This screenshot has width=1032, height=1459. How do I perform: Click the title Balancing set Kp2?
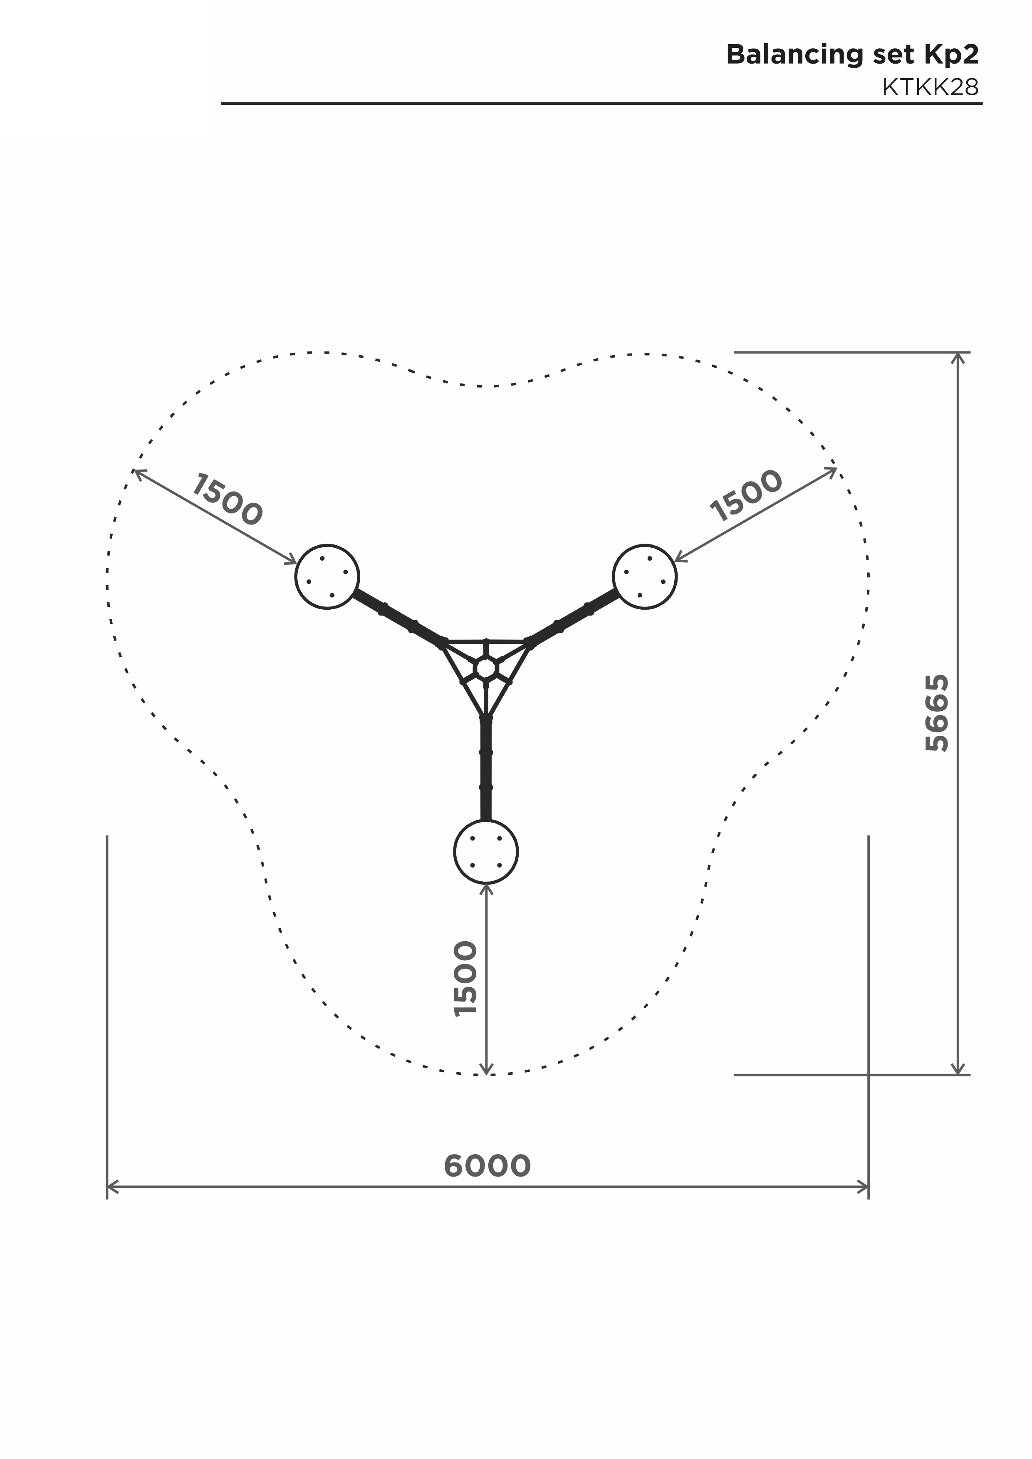coord(852,56)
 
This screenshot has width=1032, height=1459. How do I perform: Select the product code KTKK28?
coord(931,87)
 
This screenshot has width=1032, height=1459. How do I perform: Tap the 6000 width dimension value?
coord(487,1165)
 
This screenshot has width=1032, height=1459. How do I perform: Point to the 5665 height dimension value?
coord(937,712)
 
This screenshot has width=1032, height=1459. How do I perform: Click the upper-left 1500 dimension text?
coord(226,500)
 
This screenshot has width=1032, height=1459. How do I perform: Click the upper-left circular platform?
coord(327,577)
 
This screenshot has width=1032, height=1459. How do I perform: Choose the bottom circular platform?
coord(486,851)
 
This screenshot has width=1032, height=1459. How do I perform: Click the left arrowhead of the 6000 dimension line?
coord(112,1187)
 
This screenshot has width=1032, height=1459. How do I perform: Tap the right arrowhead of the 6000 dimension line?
coord(862,1187)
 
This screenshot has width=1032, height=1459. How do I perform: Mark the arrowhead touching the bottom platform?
coord(486,890)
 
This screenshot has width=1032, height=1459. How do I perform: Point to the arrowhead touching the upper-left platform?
coord(292,560)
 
